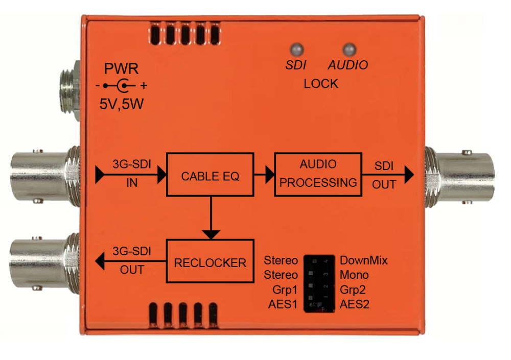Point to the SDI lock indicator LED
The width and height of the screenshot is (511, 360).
click(296, 50)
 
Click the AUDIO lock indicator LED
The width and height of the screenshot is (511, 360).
click(350, 50)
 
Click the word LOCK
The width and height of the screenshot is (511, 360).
click(321, 84)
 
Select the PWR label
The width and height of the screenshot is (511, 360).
click(121, 69)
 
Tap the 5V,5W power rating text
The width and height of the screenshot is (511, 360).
click(122, 104)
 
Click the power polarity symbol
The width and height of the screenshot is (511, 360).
click(122, 86)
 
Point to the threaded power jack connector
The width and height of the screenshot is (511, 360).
click(69, 90)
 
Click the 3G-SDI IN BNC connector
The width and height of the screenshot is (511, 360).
click(45, 176)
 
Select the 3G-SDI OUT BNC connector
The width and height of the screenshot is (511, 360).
click(45, 262)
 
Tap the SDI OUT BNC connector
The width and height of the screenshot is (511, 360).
click(459, 178)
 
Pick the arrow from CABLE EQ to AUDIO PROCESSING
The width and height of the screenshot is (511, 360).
click(264, 175)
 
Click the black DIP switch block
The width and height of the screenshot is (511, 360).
click(319, 283)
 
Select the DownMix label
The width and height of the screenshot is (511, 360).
click(364, 260)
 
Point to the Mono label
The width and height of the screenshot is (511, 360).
click(354, 275)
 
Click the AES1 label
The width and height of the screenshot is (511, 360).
click(283, 304)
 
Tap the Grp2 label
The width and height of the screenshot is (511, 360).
click(353, 290)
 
